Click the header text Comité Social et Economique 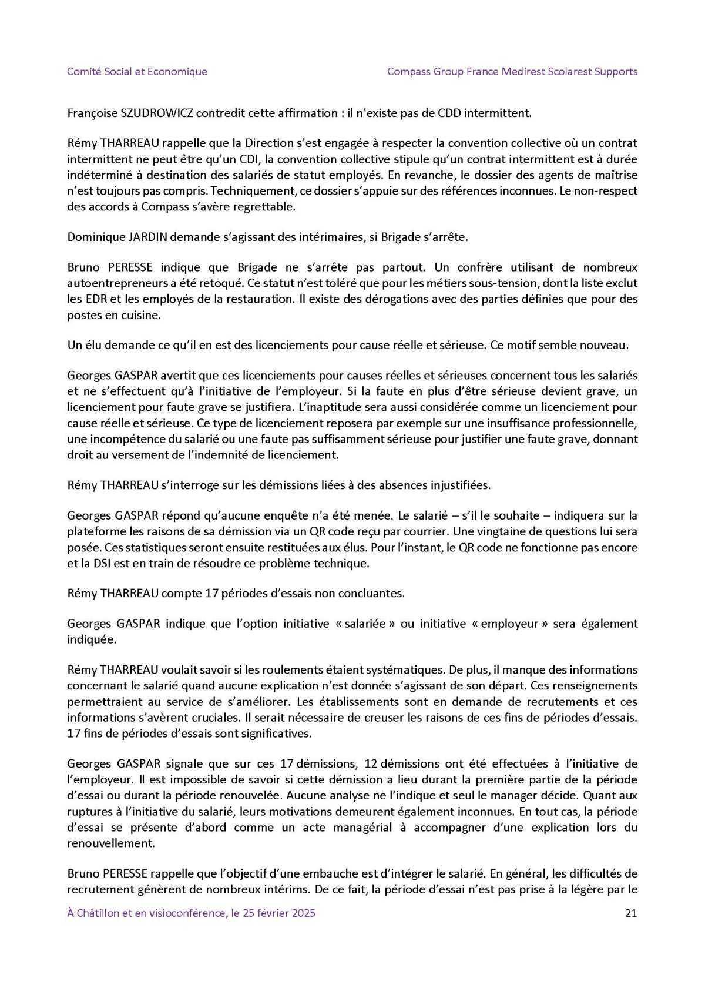pyautogui.click(x=137, y=72)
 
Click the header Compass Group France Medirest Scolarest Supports pyautogui.click(x=512, y=72)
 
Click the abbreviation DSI pyautogui.click(x=100, y=563)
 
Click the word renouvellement pyautogui.click(x=111, y=843)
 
